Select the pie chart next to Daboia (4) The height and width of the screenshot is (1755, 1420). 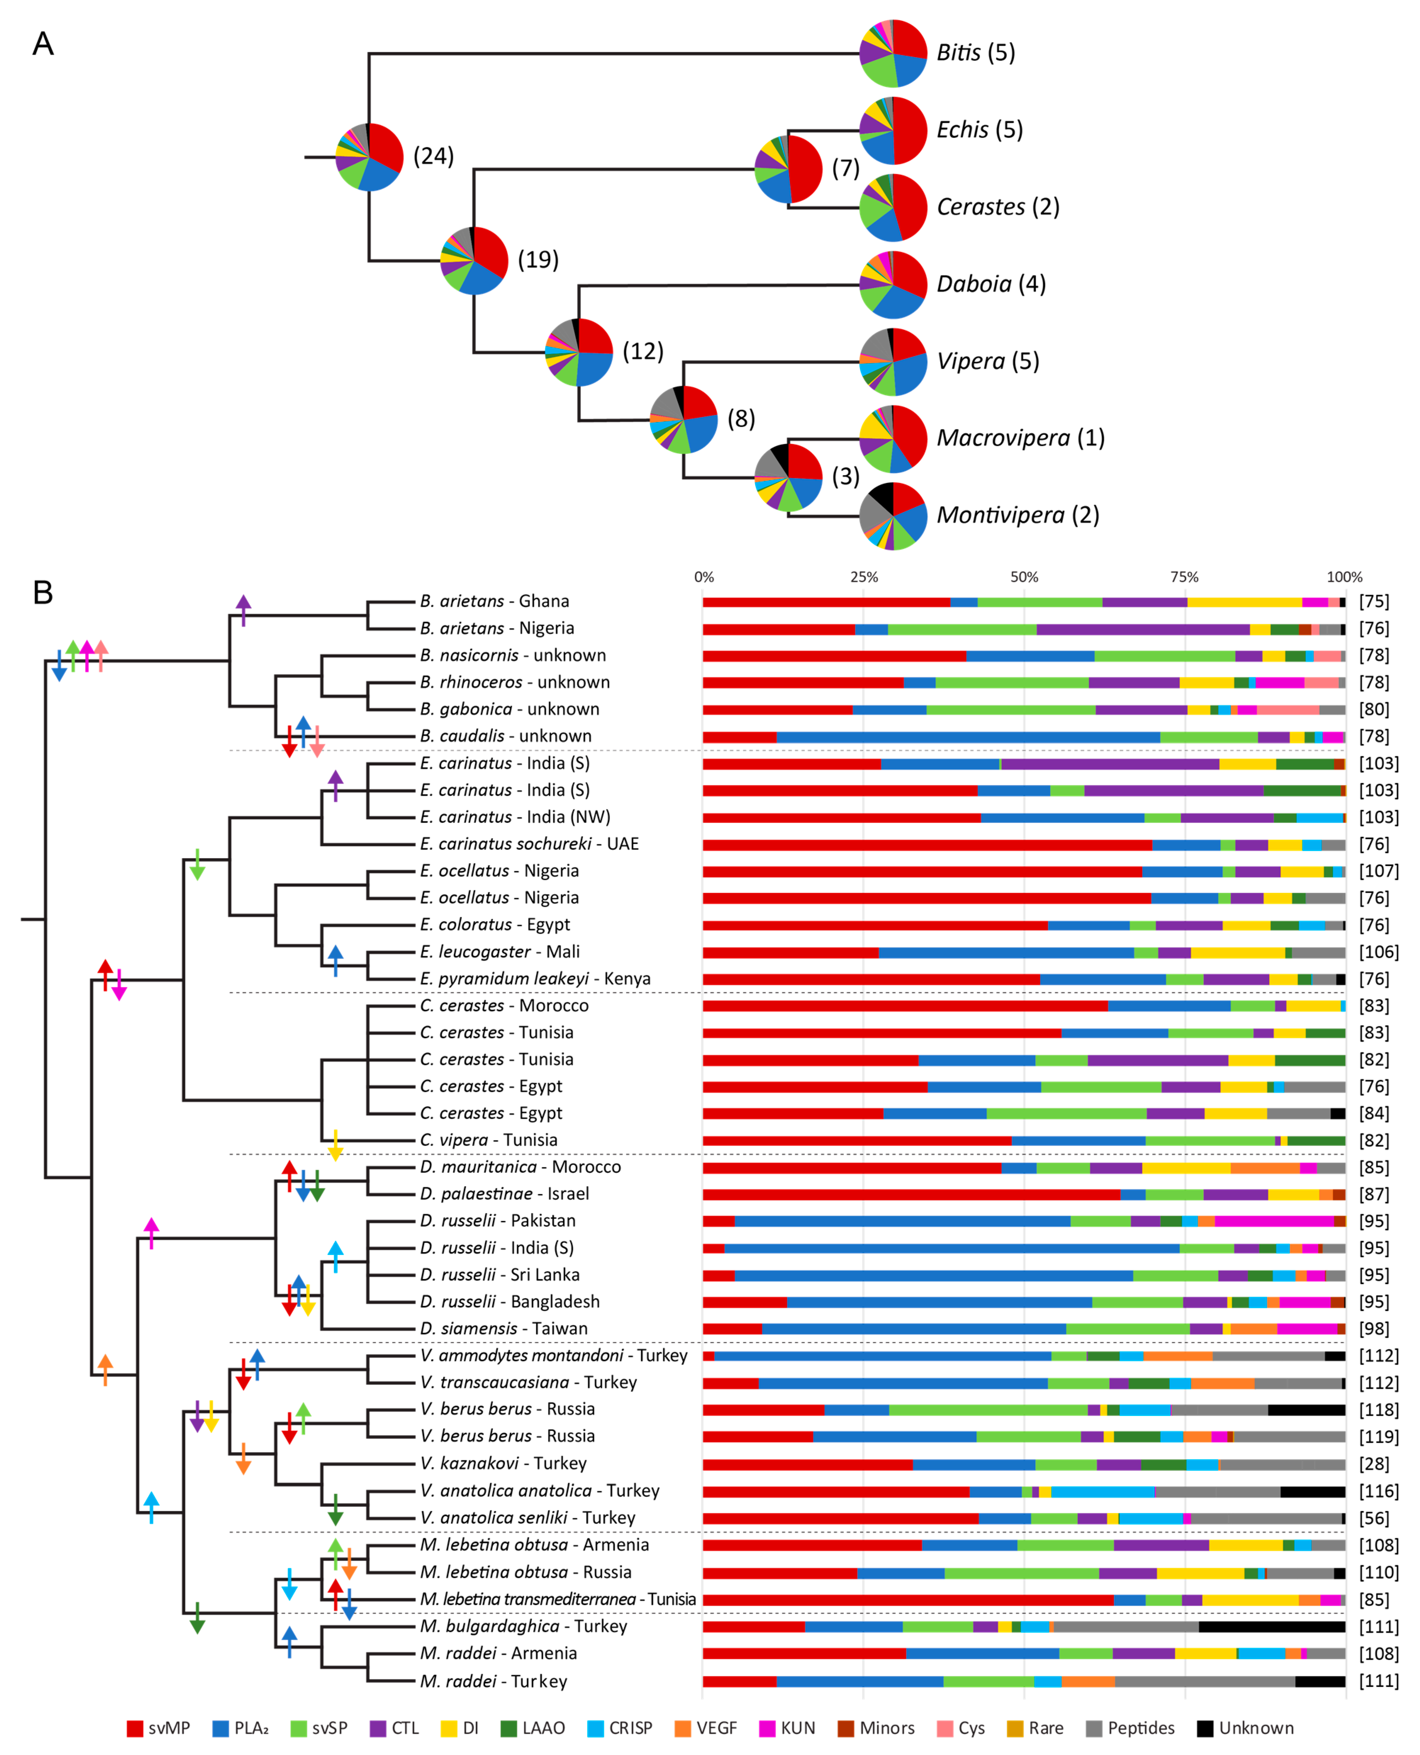coord(893,285)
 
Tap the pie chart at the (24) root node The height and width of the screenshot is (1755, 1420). coord(370,156)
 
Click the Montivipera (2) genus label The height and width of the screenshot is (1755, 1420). coord(1018,516)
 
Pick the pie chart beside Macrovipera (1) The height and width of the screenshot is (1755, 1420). coord(893,439)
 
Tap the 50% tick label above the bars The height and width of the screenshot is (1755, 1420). coord(1024,577)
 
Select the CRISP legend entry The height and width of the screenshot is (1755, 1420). coord(620,1728)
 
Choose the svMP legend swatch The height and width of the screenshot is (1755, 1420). coord(135,1728)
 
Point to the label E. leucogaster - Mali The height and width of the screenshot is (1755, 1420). coord(500,951)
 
